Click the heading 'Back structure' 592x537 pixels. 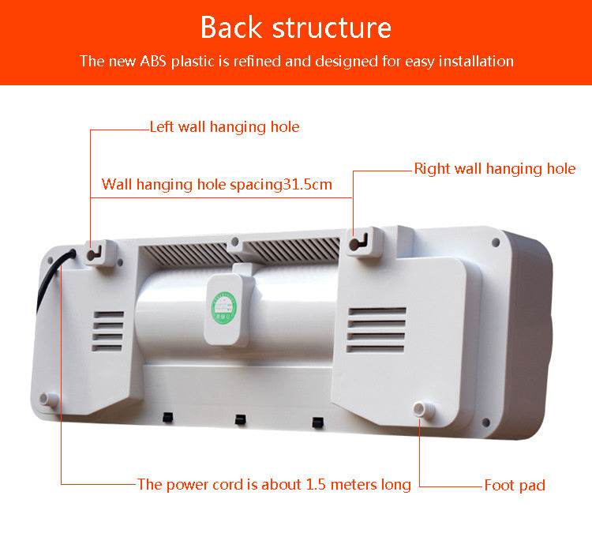(x=296, y=27)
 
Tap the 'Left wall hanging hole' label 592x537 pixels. (x=225, y=126)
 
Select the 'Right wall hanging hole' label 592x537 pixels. (x=495, y=169)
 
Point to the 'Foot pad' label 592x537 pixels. (x=515, y=485)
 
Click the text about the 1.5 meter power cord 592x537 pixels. (x=274, y=484)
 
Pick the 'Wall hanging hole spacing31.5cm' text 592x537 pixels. (x=217, y=185)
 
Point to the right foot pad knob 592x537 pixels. (x=419, y=408)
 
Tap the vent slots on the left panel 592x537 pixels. (x=109, y=330)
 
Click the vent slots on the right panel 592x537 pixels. (x=377, y=329)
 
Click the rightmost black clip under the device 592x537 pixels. (x=317, y=422)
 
